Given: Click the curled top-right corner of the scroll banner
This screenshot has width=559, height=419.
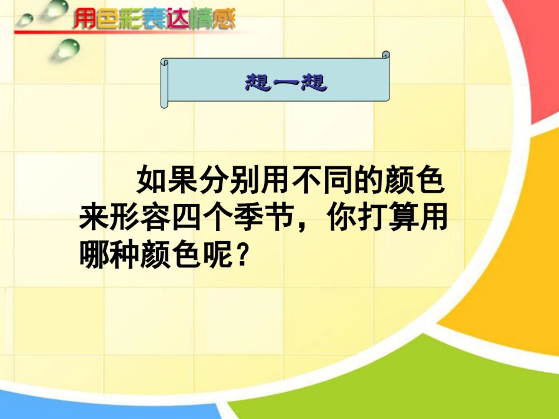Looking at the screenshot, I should pos(385,56).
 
